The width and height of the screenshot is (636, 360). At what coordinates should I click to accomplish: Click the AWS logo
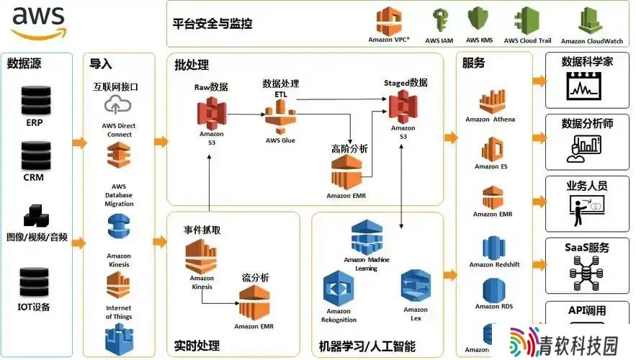tap(38, 22)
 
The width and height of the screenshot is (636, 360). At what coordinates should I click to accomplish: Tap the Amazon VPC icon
tap(388, 21)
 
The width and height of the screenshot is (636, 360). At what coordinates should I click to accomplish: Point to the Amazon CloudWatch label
tap(592, 41)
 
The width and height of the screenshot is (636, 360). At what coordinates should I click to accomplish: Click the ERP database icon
tap(36, 100)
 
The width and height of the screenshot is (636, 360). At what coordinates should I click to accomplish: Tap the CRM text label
tap(34, 177)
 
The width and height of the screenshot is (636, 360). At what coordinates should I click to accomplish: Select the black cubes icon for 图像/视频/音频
tap(36, 216)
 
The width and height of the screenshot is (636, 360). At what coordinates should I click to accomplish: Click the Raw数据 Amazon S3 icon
tap(211, 113)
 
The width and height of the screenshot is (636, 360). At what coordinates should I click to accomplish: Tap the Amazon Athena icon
tap(493, 102)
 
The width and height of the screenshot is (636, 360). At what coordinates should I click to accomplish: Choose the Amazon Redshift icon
tap(493, 248)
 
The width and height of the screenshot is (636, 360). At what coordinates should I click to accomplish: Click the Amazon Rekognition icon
tap(339, 289)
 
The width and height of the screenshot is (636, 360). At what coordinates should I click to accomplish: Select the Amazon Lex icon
tap(416, 287)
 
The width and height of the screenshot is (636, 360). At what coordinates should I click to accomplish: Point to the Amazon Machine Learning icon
tap(367, 238)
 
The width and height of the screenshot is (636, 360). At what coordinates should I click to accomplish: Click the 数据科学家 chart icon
tap(583, 86)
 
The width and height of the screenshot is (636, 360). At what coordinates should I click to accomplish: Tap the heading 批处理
tap(192, 65)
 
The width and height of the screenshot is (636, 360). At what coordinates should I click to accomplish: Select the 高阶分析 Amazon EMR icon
tap(346, 172)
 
